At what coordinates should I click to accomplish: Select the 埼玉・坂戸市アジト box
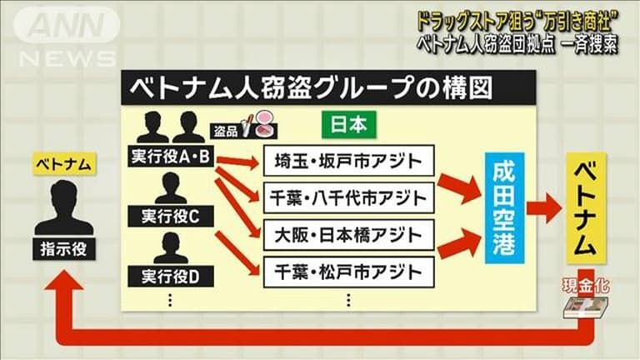pyautogui.click(x=348, y=157)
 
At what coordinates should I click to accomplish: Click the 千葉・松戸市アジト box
pyautogui.click(x=348, y=271)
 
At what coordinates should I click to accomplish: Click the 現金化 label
pyautogui.click(x=586, y=286)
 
